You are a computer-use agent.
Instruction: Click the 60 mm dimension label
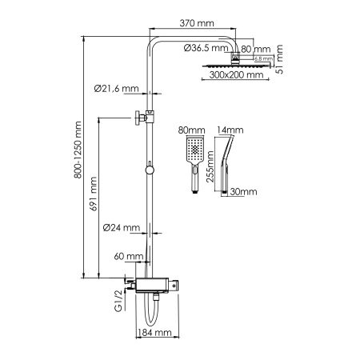coord(128,256)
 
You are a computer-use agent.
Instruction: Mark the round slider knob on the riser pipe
coord(149,168)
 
